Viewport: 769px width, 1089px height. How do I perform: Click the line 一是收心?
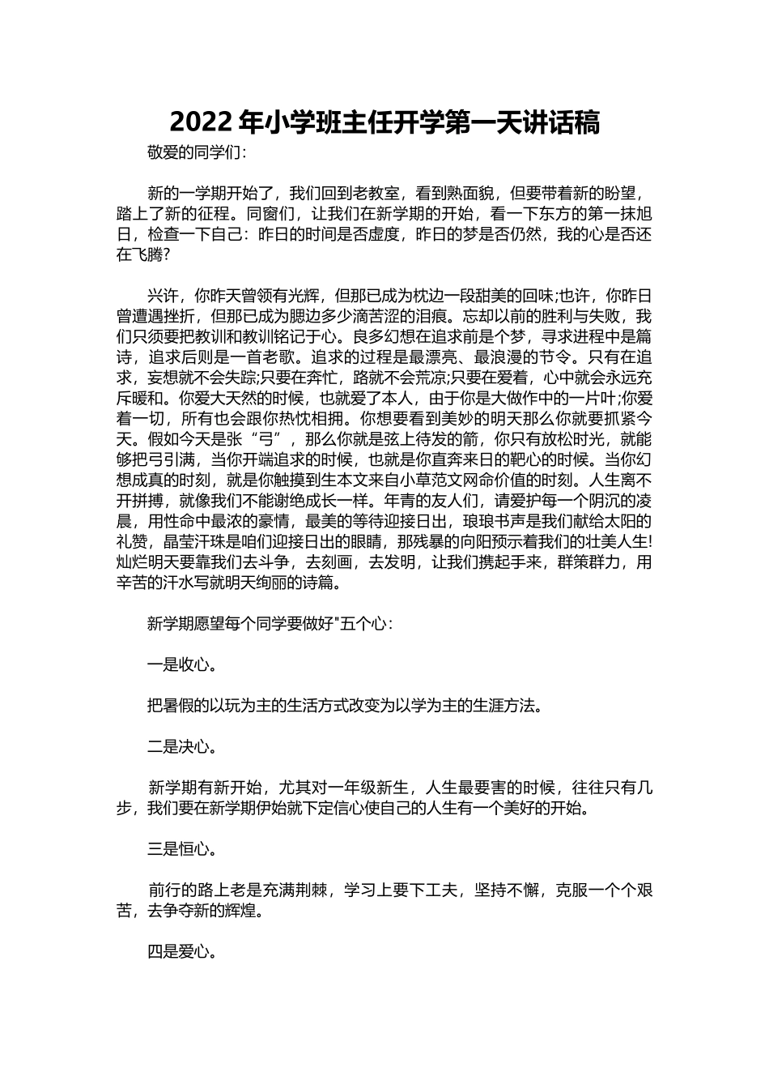coord(181,665)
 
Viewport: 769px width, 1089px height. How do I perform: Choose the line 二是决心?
coord(181,746)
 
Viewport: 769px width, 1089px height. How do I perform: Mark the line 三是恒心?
coord(181,849)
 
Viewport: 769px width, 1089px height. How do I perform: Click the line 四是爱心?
coord(181,952)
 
